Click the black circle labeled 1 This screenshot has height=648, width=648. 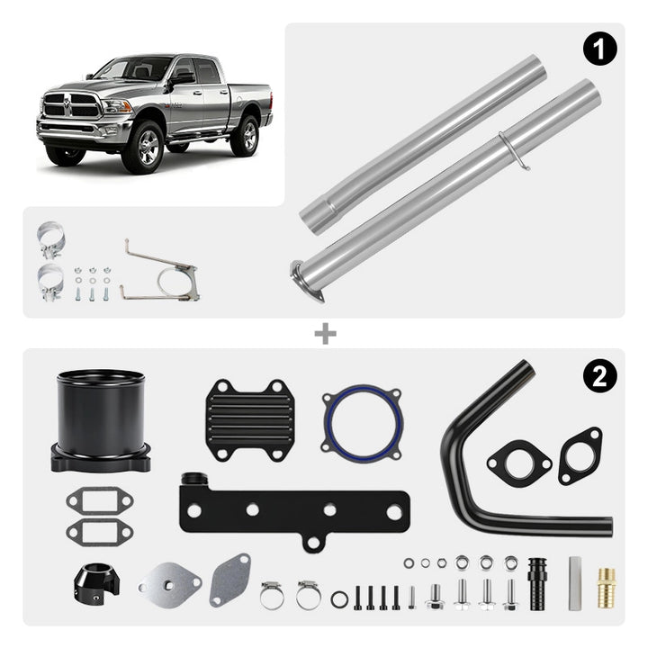[x=599, y=49]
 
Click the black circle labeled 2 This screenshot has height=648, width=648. [x=599, y=376]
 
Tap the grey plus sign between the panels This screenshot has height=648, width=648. [x=325, y=334]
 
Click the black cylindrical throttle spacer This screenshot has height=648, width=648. [x=101, y=420]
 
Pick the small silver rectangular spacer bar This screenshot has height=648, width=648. [x=574, y=583]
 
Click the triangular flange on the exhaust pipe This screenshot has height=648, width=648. [x=307, y=281]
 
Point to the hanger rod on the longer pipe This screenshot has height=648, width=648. [x=515, y=150]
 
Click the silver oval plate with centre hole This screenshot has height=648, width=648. [x=170, y=583]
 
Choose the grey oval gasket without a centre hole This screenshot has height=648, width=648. [x=230, y=580]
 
